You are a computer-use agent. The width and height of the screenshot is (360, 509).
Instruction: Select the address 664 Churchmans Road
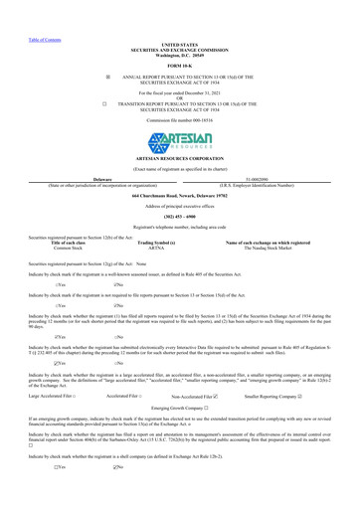[x=179, y=196]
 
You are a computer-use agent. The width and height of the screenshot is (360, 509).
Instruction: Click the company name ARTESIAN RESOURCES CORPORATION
[x=179, y=164]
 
